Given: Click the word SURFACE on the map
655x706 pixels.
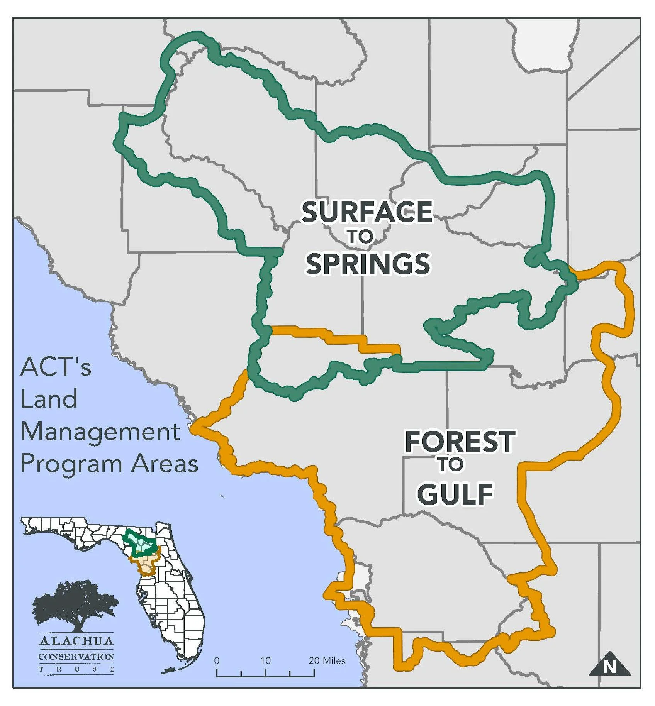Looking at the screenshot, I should (x=367, y=212).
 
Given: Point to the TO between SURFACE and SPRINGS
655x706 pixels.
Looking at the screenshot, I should (x=360, y=237).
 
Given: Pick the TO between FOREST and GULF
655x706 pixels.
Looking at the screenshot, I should (x=451, y=464).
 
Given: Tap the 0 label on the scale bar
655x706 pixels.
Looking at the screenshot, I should (x=217, y=660).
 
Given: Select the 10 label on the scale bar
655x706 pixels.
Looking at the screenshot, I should (x=265, y=660).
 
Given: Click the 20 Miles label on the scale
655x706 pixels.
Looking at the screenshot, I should (x=327, y=660).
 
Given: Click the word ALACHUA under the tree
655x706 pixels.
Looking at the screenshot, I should (x=76, y=641).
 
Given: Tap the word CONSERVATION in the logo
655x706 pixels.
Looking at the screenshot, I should (x=76, y=657).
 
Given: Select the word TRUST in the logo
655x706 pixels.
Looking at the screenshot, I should (x=76, y=669).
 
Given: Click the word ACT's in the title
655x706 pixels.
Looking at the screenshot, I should (x=56, y=367).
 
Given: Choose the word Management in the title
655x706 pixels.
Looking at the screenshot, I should (x=100, y=432).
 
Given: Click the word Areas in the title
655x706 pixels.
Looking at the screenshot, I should (x=165, y=464).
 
